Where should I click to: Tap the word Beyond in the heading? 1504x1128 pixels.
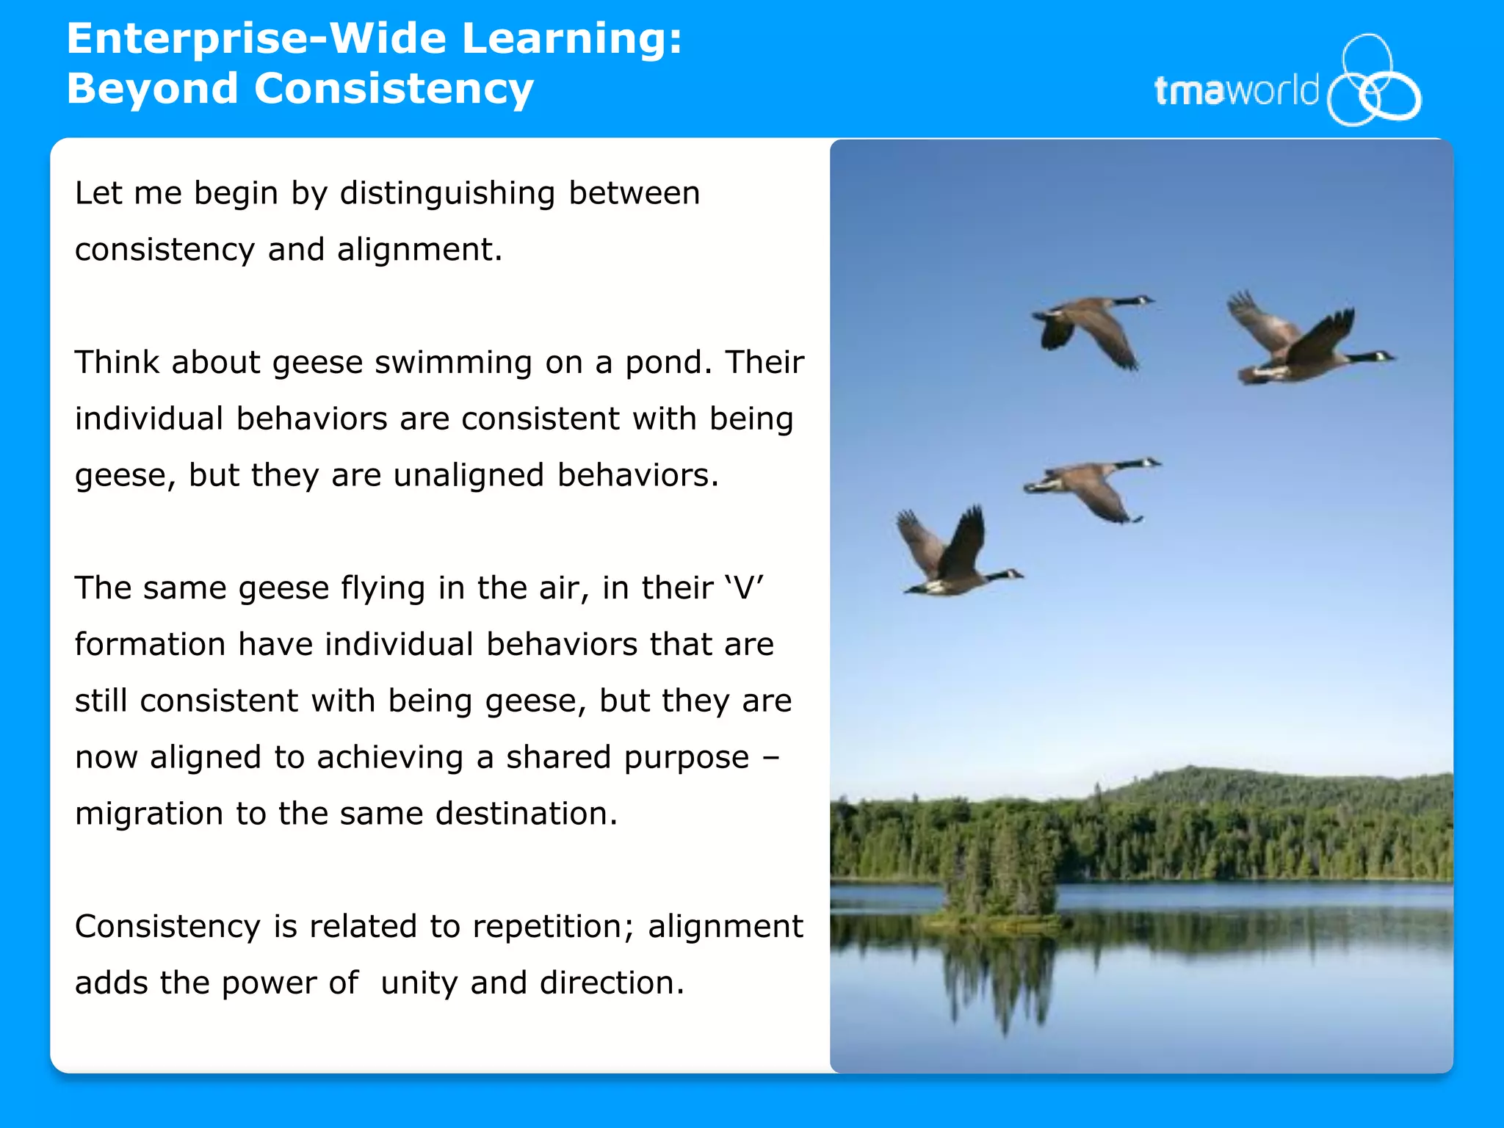coord(152,89)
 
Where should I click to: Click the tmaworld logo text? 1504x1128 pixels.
coord(1236,91)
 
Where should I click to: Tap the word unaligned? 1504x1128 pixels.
coord(469,475)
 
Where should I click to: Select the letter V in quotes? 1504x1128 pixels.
coord(744,588)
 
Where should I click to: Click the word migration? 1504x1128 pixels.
coord(149,814)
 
